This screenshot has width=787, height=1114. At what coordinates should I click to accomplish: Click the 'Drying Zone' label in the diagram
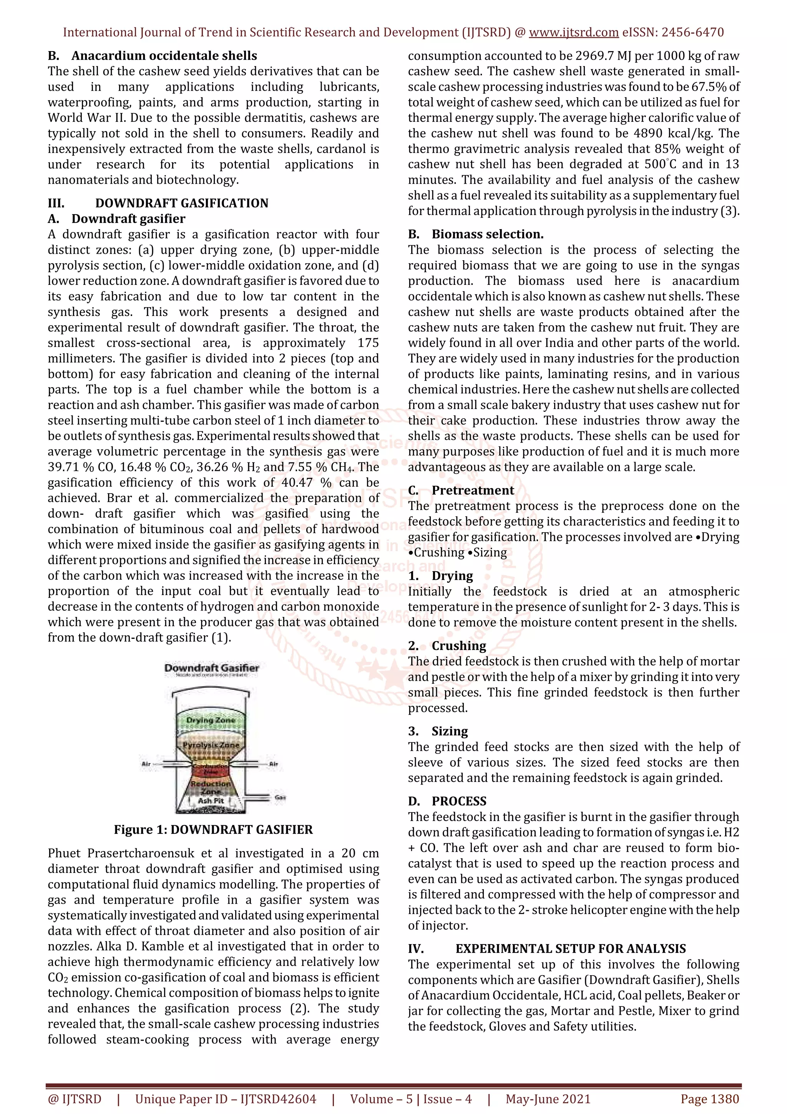pyautogui.click(x=211, y=720)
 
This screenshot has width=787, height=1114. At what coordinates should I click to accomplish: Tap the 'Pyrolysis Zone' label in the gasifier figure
pyautogui.click(x=211, y=744)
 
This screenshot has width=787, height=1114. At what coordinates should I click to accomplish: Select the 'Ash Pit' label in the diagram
pyautogui.click(x=211, y=801)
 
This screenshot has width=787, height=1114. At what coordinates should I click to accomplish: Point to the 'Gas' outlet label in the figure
pyautogui.click(x=280, y=797)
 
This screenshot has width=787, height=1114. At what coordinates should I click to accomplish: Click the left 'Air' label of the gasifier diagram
pyautogui.click(x=146, y=764)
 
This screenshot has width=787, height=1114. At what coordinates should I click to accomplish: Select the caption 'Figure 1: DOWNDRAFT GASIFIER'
pyautogui.click(x=213, y=829)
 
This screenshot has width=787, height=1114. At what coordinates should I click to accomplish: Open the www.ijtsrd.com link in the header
pyautogui.click(x=573, y=33)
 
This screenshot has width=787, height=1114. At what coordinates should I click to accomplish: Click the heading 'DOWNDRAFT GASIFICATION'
pyautogui.click(x=181, y=203)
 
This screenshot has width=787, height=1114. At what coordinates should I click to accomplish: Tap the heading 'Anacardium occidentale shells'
pyautogui.click(x=164, y=55)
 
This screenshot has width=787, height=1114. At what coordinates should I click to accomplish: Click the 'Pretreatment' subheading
pyautogui.click(x=473, y=490)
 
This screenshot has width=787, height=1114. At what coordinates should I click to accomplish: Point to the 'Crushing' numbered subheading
pyautogui.click(x=459, y=645)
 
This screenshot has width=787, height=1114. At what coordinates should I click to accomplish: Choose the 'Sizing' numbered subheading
pyautogui.click(x=450, y=731)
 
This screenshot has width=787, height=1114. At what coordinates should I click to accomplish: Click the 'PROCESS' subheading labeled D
pyautogui.click(x=459, y=801)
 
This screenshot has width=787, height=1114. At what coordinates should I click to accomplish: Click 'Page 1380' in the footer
pyautogui.click(x=709, y=1099)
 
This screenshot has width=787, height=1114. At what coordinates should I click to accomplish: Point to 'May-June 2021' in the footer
pyautogui.click(x=548, y=1099)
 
